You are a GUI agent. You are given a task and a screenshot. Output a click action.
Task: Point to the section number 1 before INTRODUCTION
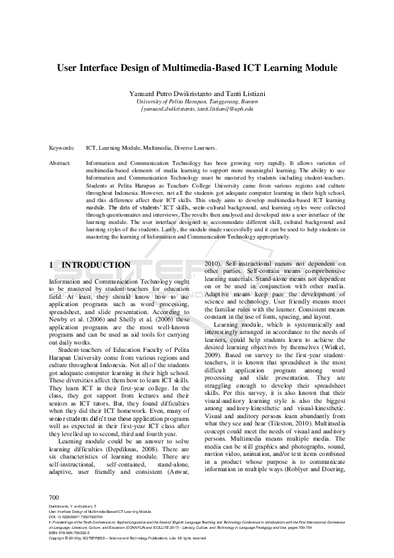coord(52,265)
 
